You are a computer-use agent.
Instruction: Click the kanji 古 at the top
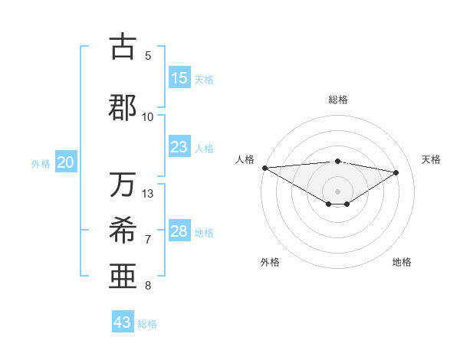[123, 47]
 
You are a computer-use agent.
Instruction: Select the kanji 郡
[123, 106]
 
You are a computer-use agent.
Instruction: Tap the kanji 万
[123, 185]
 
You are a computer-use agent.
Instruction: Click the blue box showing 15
[179, 78]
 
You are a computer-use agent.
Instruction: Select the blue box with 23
[179, 147]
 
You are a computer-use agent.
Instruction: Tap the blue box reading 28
[179, 231]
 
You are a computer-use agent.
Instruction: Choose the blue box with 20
[66, 162]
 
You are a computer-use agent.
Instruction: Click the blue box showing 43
[123, 322]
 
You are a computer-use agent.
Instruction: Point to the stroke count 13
[148, 193]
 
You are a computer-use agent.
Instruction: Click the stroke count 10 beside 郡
[148, 116]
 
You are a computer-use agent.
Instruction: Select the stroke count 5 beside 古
[148, 56]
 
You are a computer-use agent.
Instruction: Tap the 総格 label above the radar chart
[337, 100]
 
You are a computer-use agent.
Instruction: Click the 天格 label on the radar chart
[431, 159]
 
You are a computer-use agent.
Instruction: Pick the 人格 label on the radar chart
[244, 159]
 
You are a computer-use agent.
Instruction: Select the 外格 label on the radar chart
[269, 262]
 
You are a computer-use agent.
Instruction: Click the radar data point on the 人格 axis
[264, 168]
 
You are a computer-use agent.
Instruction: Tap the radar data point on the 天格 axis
[396, 172]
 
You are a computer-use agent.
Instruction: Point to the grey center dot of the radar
[337, 191]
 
